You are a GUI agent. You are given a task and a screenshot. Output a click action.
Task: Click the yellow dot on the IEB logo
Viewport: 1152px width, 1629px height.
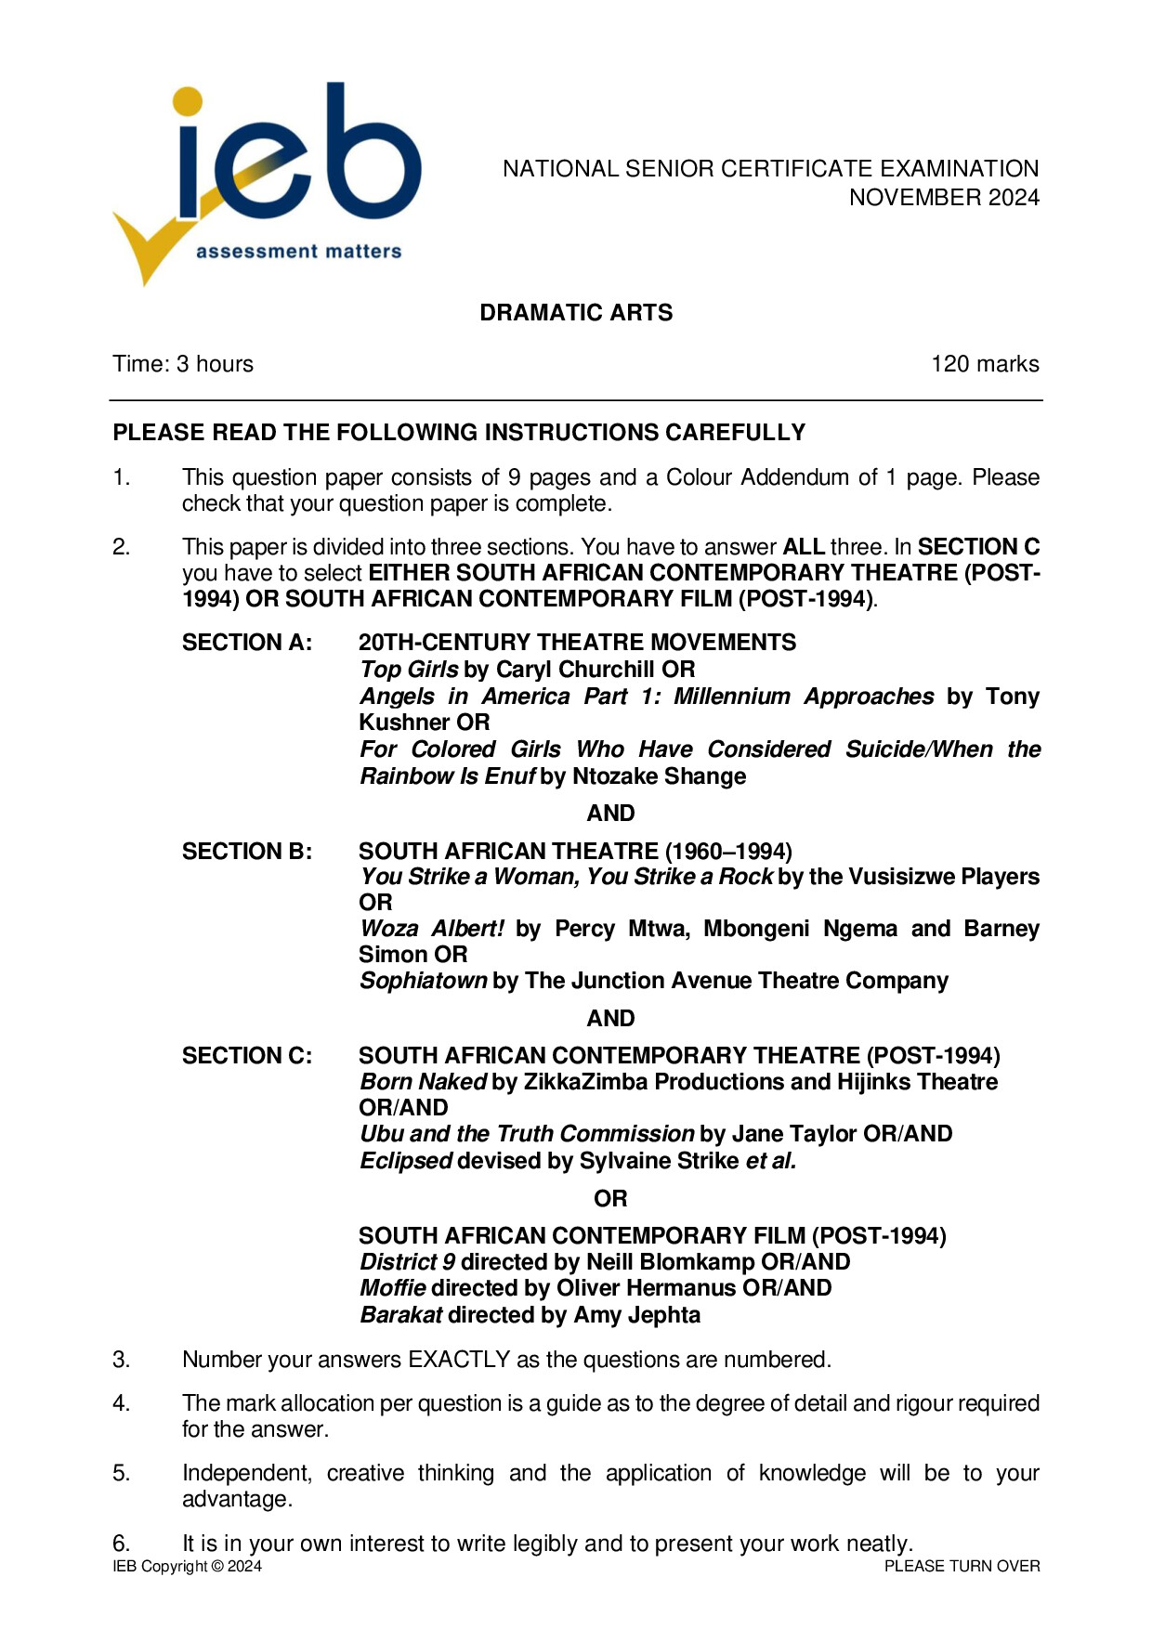pos(189,102)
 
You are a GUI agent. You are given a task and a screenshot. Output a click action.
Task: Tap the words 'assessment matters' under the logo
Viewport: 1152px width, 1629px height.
pos(298,251)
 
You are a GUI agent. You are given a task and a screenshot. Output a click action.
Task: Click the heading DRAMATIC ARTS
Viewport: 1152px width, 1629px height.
pos(576,313)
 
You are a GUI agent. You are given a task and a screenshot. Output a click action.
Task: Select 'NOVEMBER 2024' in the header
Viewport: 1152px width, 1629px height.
pos(944,198)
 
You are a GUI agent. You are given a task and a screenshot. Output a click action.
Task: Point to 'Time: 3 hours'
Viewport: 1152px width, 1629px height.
pos(183,364)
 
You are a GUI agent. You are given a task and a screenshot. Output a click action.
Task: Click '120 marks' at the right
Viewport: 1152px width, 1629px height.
pos(985,364)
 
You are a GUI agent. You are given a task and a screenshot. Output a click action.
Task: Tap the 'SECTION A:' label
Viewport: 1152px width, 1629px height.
pos(247,643)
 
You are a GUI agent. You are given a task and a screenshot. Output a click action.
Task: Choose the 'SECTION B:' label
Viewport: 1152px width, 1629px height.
pos(247,851)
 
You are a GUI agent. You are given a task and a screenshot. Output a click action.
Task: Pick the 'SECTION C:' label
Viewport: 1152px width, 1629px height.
pos(247,1056)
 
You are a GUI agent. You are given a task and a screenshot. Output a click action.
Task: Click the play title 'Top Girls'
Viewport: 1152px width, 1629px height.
pos(409,670)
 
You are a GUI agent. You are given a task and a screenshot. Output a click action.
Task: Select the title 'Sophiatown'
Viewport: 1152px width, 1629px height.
pos(424,981)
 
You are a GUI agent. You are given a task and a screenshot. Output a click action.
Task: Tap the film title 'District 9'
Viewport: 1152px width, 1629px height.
pos(407,1262)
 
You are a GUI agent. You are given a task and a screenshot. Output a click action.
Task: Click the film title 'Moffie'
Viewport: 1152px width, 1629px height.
pos(393,1288)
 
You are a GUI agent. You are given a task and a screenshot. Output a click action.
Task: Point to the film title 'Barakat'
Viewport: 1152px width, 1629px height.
pos(401,1315)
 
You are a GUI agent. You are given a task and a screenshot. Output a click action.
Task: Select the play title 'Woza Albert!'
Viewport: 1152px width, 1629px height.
pos(432,929)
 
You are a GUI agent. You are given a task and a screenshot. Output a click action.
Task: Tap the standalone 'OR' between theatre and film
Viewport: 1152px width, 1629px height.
pos(610,1199)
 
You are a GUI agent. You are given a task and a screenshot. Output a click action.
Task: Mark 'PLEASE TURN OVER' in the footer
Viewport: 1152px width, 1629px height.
pos(962,1567)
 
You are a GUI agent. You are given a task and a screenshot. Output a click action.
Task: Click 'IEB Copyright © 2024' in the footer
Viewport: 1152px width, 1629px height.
pos(187,1567)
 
